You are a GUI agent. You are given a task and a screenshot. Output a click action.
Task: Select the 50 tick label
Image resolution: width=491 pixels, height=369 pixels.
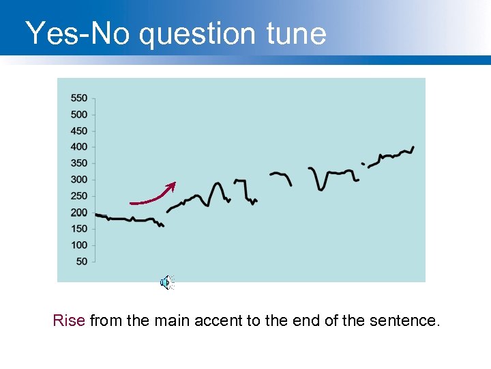[x=81, y=262]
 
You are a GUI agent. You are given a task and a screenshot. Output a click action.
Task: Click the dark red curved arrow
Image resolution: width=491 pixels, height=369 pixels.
[x=154, y=197]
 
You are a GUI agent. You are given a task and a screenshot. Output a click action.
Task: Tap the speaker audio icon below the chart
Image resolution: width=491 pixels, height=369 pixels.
[x=166, y=282]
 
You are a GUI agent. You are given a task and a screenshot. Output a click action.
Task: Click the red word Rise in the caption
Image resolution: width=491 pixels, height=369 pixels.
[x=69, y=320]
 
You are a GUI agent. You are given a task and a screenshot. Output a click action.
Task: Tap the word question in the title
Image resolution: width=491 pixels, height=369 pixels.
[x=198, y=33]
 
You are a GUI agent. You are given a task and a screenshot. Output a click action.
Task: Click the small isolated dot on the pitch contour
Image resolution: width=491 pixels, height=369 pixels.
[x=363, y=164]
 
